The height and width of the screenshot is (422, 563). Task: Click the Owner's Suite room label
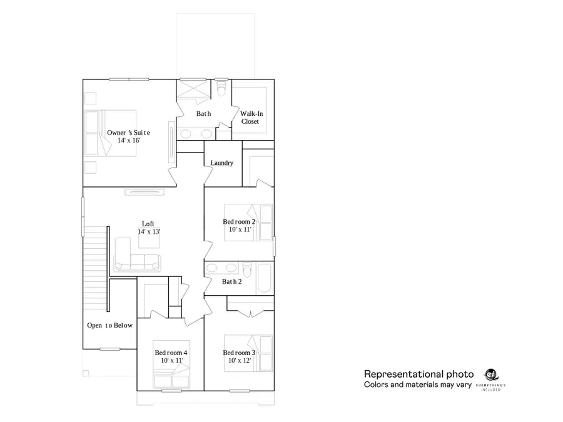(x=128, y=133)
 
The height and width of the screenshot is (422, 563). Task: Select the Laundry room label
(x=222, y=163)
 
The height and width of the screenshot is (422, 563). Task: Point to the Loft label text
(x=148, y=224)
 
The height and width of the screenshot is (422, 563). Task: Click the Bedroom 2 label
(x=239, y=222)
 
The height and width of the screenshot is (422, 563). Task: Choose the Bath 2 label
(x=231, y=282)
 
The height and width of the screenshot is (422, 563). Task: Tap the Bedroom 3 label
(x=239, y=353)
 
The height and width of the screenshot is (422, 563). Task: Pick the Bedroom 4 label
(x=171, y=353)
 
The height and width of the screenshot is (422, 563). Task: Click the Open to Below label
(x=109, y=325)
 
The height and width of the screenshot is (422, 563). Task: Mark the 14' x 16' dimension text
(x=128, y=141)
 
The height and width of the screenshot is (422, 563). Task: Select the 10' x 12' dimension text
(x=239, y=361)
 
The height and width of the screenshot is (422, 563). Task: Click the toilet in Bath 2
(x=248, y=271)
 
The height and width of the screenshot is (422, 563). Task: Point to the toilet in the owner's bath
(x=222, y=91)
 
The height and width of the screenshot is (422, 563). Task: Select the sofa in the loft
(x=138, y=262)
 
